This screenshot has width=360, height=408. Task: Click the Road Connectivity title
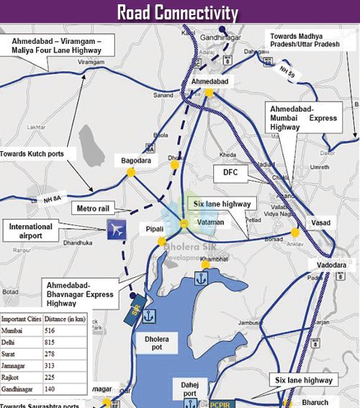click(x=179, y=12)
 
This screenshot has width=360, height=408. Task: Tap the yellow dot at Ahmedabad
click(x=208, y=93)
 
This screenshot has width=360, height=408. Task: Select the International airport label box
click(x=31, y=232)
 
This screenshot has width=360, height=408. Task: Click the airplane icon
click(x=115, y=230)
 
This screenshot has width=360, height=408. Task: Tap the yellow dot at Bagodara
click(x=130, y=173)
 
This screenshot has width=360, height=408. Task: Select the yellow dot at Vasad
click(x=295, y=232)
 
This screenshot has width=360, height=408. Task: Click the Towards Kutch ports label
click(x=33, y=153)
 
